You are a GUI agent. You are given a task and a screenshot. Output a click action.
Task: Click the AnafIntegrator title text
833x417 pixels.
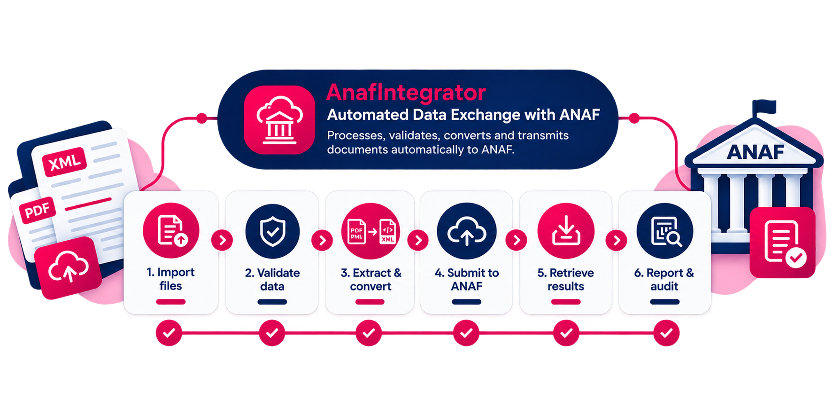[x=406, y=93]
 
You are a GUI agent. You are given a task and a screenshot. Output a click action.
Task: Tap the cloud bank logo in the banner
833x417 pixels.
[x=279, y=120]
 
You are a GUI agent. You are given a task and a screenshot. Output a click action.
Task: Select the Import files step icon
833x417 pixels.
[x=171, y=230]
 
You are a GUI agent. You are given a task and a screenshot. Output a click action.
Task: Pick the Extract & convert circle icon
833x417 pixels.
[x=370, y=231]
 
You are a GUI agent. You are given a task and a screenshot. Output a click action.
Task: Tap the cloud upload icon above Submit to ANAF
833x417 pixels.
[x=467, y=231]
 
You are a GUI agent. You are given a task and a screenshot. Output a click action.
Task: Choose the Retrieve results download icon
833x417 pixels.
[x=566, y=231]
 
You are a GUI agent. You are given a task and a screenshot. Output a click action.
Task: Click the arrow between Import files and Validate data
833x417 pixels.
[x=222, y=241]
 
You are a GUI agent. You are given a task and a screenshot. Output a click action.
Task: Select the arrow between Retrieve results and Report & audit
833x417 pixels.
[x=617, y=241]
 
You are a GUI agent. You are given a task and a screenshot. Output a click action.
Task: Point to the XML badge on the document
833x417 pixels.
[x=65, y=162]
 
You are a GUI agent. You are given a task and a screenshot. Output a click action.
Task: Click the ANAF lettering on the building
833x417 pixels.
[x=756, y=152]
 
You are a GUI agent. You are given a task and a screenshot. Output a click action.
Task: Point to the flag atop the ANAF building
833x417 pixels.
[x=764, y=108]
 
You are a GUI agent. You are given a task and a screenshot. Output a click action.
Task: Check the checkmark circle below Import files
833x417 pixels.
[x=169, y=333]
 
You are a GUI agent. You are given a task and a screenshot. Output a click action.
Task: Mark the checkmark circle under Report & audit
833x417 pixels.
[x=666, y=333]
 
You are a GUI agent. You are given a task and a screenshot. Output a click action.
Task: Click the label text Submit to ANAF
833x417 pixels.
[x=467, y=279]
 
